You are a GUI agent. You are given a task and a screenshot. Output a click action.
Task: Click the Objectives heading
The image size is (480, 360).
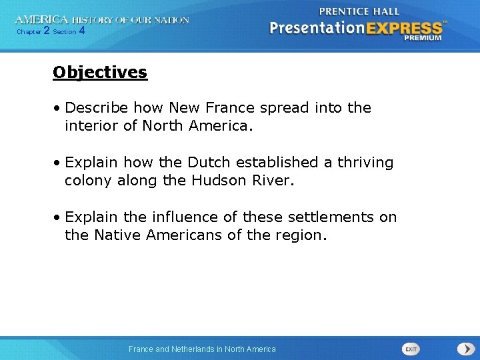(x=100, y=72)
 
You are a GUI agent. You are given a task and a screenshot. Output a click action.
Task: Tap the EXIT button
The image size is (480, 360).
(x=411, y=349)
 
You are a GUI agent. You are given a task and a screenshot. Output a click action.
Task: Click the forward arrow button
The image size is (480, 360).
(x=465, y=349)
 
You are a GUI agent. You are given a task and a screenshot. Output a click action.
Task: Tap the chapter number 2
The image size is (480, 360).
(x=46, y=31)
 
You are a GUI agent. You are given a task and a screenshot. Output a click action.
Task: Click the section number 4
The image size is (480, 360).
(x=81, y=31)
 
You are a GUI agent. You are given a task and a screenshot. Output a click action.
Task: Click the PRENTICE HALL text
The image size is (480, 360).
(x=359, y=11)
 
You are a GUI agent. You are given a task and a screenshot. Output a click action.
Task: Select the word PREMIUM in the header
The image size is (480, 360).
(x=422, y=38)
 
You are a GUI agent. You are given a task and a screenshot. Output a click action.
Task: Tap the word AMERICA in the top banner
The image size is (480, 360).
(x=41, y=20)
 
